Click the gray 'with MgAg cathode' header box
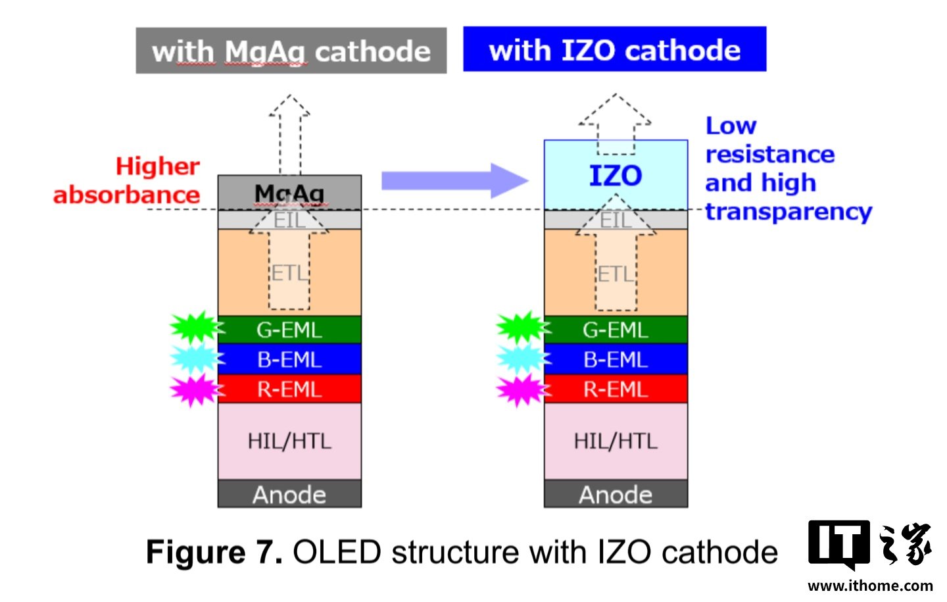pos(291,51)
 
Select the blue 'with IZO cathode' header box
pos(615,49)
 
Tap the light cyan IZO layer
pos(616,175)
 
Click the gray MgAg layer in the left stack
pos(289,193)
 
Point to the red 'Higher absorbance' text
pos(126,181)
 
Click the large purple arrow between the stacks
pos(455,181)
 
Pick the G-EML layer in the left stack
pos(289,330)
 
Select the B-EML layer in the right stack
pos(616,359)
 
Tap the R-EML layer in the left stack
pos(289,389)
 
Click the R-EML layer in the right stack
pos(616,389)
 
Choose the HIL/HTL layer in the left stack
pos(289,441)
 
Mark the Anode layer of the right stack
pos(616,493)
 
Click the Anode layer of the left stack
pos(289,493)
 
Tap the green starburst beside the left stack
pos(196,327)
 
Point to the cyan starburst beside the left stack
pos(196,359)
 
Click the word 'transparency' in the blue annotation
pos(789,212)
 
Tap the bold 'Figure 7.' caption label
pos(214,551)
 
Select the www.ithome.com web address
pos(870,586)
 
